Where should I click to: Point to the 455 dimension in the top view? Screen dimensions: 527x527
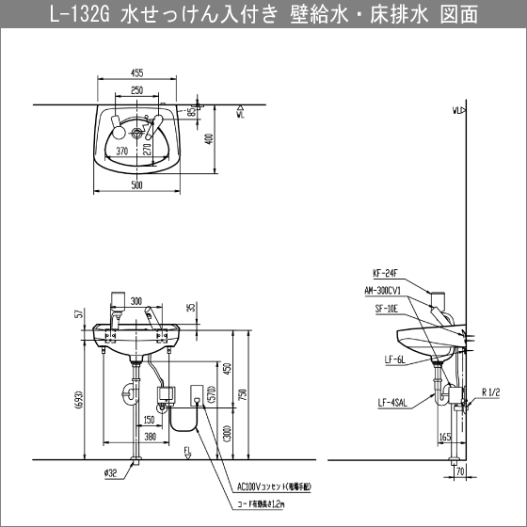pos(137,72)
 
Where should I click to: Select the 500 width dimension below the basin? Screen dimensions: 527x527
pos(137,185)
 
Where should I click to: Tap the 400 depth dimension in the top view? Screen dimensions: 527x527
pos(209,138)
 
